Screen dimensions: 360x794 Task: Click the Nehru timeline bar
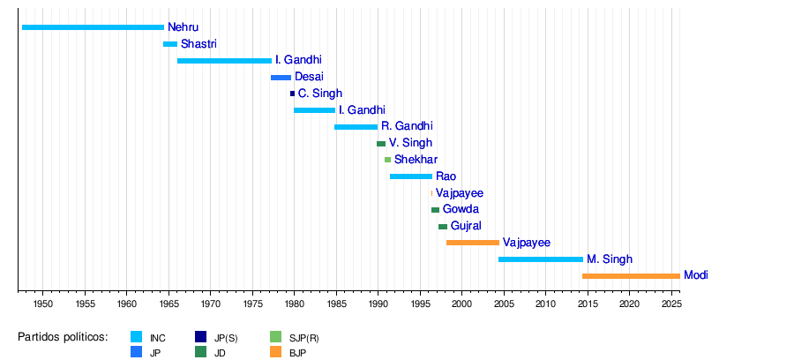click(x=93, y=27)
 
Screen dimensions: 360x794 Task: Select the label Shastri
click(x=198, y=44)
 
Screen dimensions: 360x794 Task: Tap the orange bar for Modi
click(x=631, y=276)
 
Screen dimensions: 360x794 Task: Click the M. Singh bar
click(x=541, y=259)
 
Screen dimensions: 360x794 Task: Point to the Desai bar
click(x=281, y=78)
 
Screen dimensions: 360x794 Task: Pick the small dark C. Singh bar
click(x=292, y=94)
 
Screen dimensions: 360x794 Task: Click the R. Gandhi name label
click(x=407, y=127)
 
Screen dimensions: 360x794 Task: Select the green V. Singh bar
click(x=381, y=144)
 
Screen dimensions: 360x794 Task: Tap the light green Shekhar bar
click(x=387, y=160)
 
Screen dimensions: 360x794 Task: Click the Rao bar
click(x=411, y=176)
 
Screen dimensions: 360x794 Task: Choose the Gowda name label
click(x=461, y=210)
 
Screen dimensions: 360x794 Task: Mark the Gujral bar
click(x=443, y=227)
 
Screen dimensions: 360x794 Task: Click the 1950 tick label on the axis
click(x=43, y=304)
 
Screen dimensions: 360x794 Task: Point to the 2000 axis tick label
click(x=462, y=304)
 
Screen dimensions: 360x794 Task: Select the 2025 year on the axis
click(x=671, y=304)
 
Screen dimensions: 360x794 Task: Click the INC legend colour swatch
click(x=137, y=337)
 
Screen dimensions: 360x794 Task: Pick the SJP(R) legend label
click(x=304, y=338)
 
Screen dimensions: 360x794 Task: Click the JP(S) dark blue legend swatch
click(x=200, y=337)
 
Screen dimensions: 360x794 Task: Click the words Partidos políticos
click(x=63, y=337)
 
